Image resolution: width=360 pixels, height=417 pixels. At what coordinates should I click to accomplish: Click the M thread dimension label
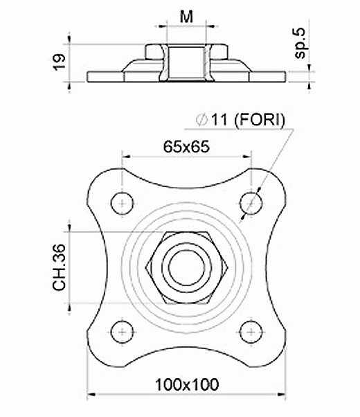pos(186,17)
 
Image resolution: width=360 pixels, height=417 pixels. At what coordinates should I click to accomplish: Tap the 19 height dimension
pos(60,62)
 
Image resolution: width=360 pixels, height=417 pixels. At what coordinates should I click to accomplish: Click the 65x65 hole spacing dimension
pos(186,147)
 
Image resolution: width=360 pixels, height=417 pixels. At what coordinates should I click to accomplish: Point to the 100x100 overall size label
pos(187,384)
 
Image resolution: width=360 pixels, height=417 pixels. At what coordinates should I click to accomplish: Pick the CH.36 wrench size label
pos(59,267)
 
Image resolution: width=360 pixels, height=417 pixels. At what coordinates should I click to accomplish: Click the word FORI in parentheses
pos(260,120)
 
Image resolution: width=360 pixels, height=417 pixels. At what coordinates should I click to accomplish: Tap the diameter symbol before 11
pos(201,120)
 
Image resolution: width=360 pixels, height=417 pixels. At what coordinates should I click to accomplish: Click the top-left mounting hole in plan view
pos(122,204)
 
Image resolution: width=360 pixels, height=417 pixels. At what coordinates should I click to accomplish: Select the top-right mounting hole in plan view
pos(251,204)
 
